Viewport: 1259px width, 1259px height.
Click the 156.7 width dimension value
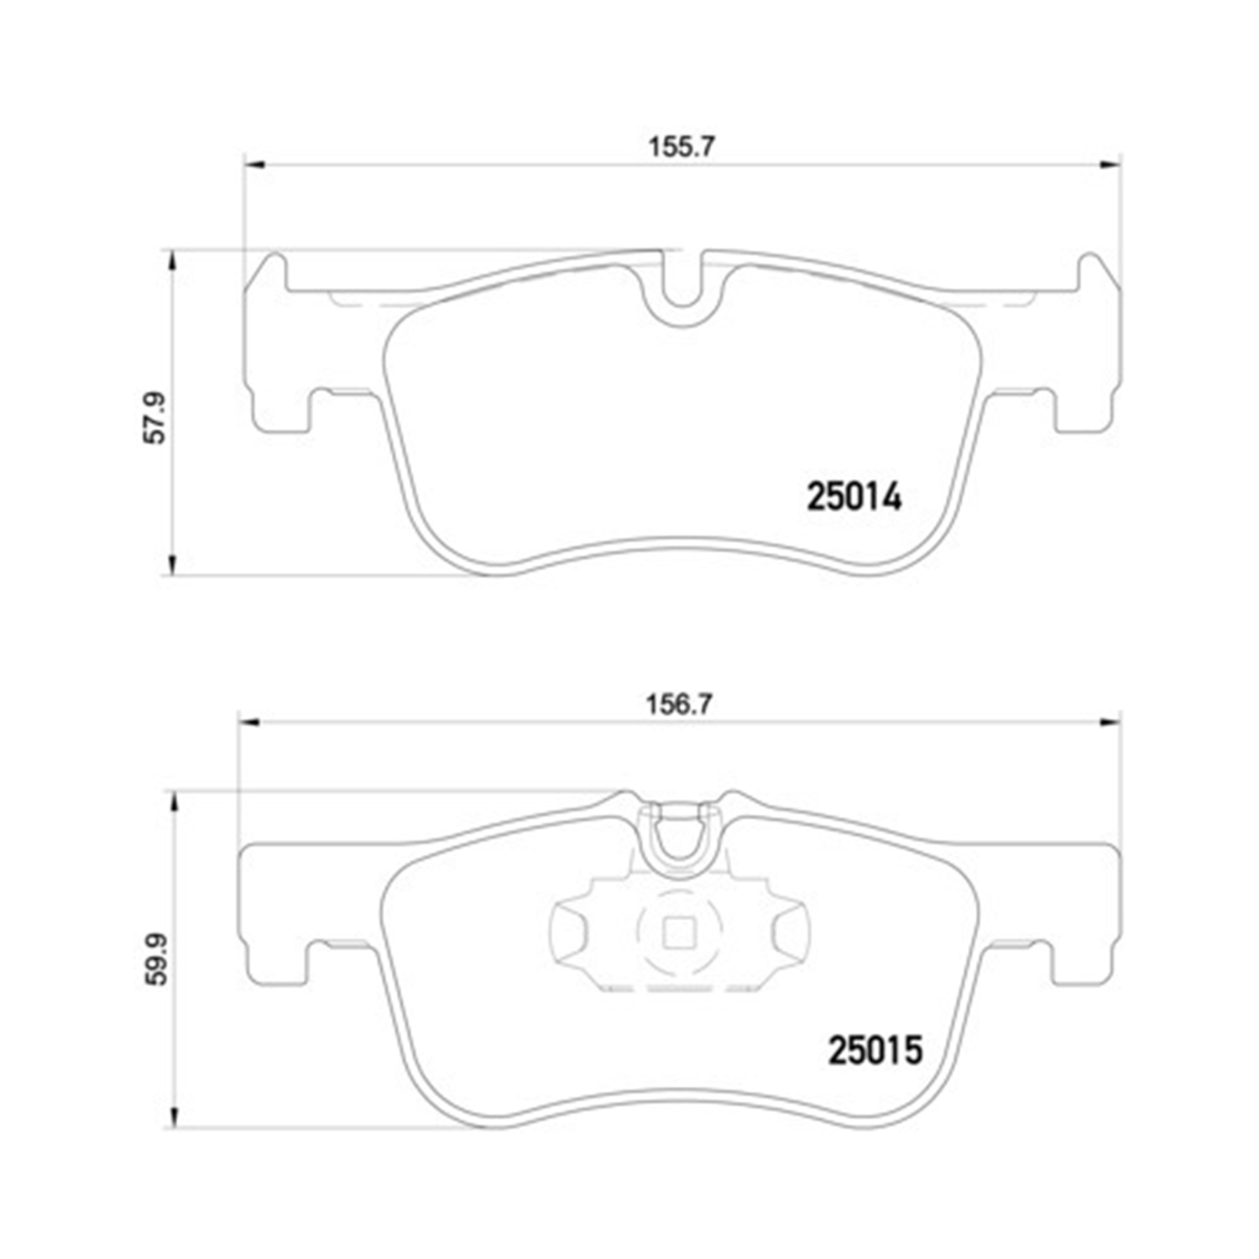click(x=679, y=703)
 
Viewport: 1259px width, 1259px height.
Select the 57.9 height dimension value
click(x=155, y=417)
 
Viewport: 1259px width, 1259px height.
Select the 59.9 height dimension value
click(x=157, y=959)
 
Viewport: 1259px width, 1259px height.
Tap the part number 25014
click(x=854, y=497)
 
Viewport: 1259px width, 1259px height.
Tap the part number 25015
click(x=875, y=1050)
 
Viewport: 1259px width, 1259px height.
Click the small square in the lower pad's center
click(x=677, y=932)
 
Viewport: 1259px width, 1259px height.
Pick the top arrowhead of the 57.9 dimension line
click(x=173, y=260)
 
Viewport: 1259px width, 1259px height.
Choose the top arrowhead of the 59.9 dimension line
click(x=175, y=802)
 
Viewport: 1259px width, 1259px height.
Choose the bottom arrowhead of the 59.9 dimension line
click(x=175, y=1117)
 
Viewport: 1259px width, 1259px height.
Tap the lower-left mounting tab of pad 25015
click(x=277, y=965)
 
